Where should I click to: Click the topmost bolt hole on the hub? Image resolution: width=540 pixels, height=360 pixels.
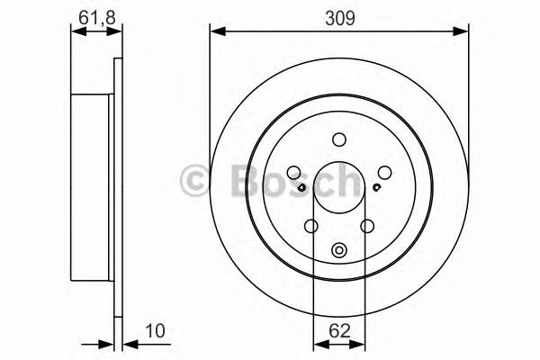339,139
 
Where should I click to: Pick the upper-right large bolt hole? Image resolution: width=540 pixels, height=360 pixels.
384,174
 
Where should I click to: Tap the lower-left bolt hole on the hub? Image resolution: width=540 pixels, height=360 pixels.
311,227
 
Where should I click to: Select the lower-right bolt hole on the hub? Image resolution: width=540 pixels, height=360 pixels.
367,227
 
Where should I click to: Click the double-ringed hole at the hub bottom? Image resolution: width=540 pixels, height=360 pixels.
339,251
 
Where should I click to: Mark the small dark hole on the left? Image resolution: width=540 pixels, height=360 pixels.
303,187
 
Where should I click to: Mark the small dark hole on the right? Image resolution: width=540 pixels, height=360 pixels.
375,187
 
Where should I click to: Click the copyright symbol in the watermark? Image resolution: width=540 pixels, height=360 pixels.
197,181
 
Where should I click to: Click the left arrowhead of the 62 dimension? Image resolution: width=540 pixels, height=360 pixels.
317,343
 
